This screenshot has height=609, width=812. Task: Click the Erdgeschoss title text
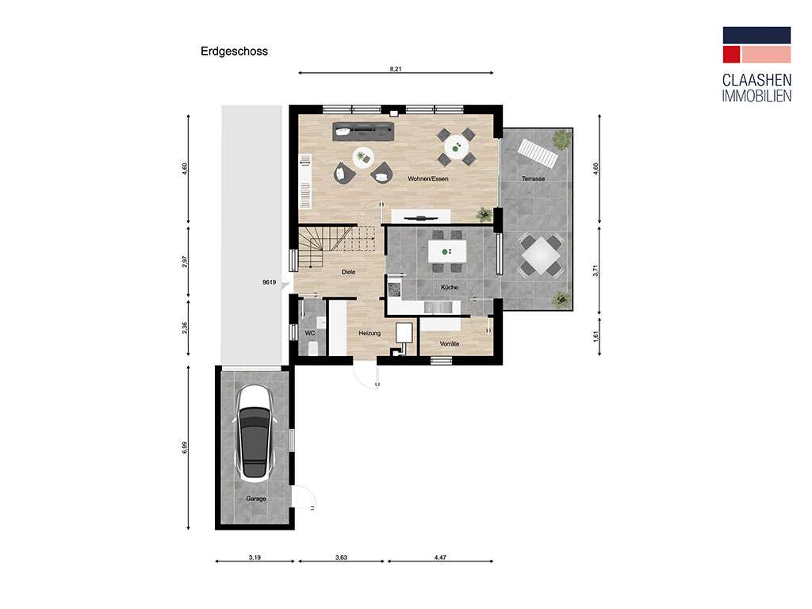coord(234,52)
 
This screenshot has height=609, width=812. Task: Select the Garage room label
coord(255,499)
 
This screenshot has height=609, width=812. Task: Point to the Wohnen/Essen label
coord(428,179)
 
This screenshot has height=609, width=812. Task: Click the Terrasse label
coord(533,179)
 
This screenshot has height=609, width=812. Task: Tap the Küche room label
coord(450,287)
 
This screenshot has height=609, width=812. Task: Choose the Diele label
coord(348,272)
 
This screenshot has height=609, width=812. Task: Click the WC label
coord(310,333)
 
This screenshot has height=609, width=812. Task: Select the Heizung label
coord(370,333)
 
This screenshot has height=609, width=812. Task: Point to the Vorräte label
coord(450,343)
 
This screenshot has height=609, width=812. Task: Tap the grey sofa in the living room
coord(363,131)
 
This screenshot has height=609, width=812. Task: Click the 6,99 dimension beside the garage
coord(185,448)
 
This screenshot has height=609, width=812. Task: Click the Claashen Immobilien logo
coord(756,63)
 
